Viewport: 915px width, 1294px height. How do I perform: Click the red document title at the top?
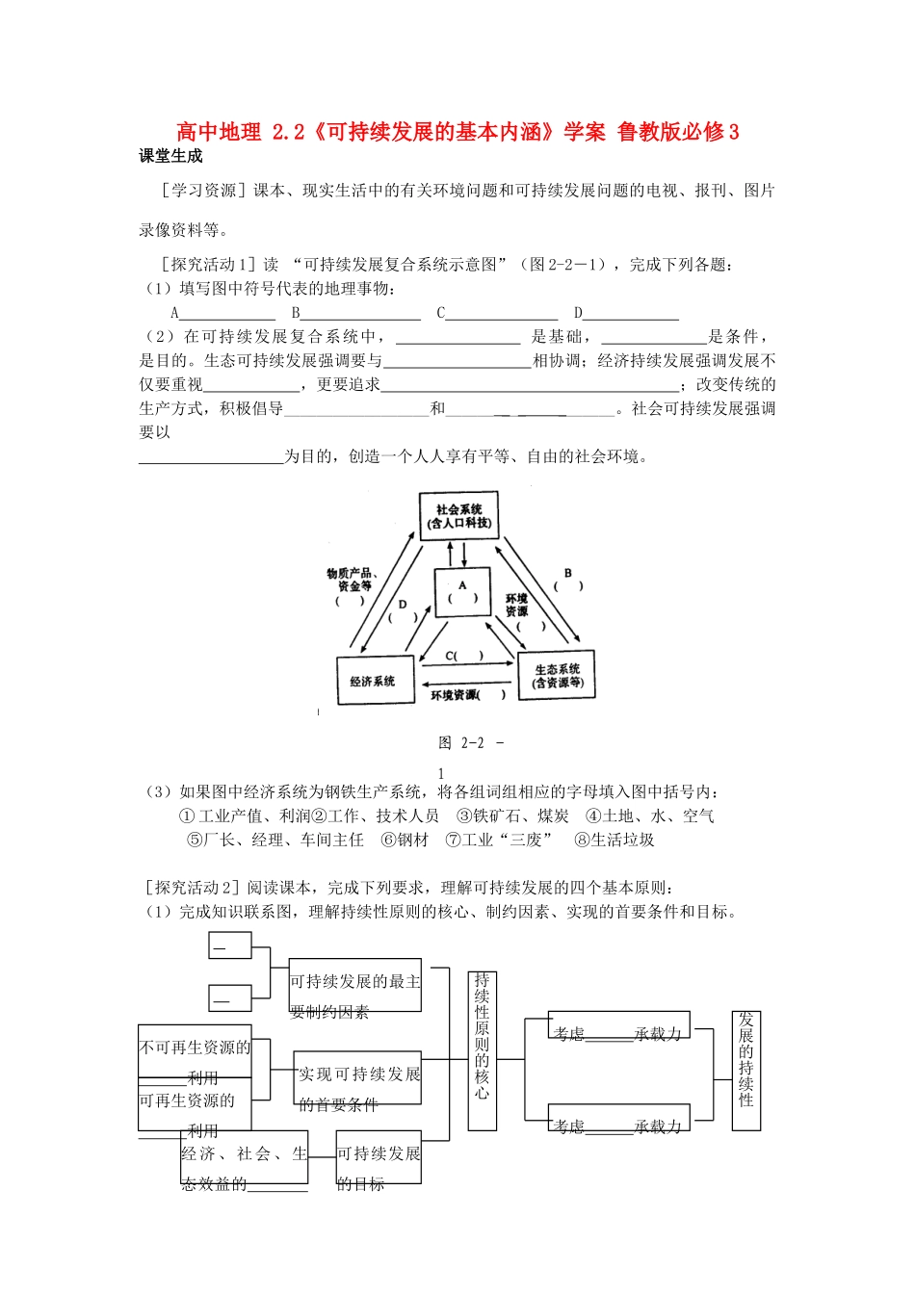457,132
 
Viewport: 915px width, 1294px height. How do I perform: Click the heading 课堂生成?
171,157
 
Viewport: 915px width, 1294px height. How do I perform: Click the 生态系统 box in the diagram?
558,676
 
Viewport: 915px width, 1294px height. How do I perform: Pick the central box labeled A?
462,591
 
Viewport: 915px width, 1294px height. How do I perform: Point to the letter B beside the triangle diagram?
568,574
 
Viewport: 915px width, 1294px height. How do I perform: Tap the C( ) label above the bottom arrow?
463,656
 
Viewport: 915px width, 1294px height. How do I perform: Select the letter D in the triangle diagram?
403,605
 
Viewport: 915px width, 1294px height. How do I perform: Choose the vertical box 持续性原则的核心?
482,1049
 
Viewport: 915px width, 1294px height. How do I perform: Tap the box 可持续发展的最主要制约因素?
355,984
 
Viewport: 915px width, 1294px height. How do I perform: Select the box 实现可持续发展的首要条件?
358,1077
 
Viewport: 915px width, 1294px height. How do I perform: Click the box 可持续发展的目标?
379,1156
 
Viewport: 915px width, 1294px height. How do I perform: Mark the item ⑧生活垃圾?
614,840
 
